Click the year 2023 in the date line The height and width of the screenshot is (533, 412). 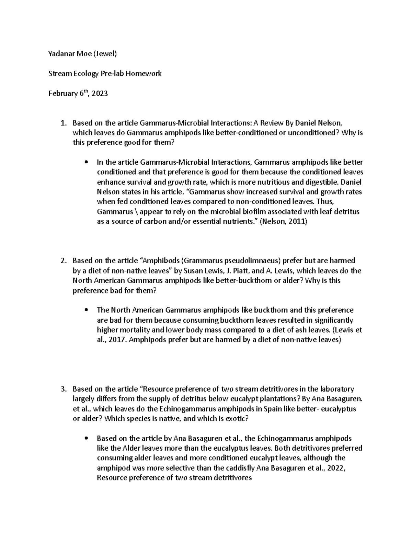pyautogui.click(x=100, y=93)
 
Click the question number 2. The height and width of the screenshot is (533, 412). pyautogui.click(x=62, y=261)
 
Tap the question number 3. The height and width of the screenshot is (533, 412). pyautogui.click(x=62, y=389)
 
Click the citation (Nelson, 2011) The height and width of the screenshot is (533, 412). pyautogui.click(x=283, y=222)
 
